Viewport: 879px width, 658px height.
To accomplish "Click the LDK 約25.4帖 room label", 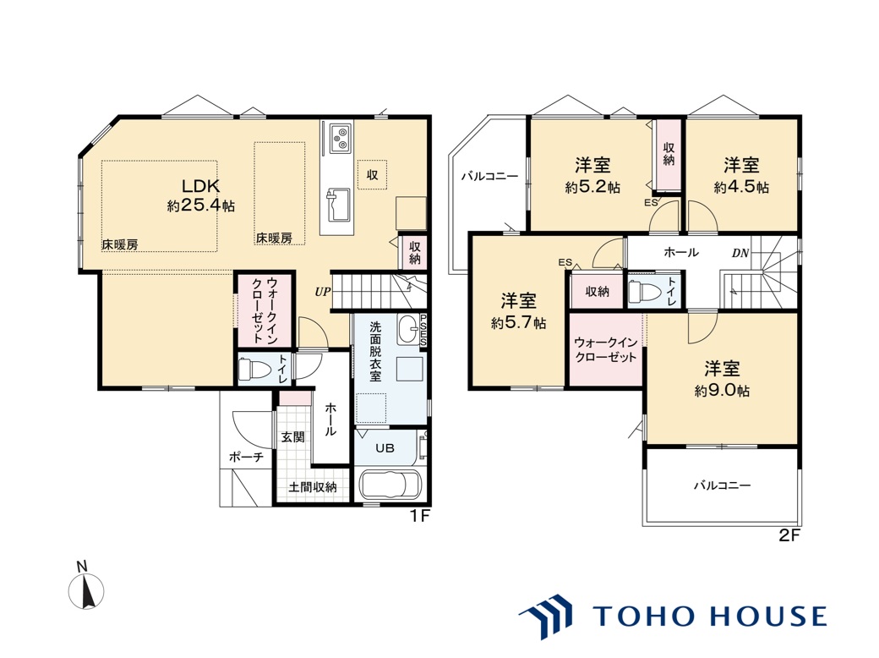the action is [x=200, y=195].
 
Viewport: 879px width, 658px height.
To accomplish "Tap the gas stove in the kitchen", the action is [x=341, y=137].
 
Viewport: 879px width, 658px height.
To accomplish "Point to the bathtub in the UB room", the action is [x=390, y=484].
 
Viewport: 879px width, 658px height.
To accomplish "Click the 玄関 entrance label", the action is [x=292, y=436].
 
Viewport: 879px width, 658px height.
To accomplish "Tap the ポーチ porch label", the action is [x=246, y=458].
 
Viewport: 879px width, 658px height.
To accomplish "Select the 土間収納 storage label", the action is [x=313, y=487].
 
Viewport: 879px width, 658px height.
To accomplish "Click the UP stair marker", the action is [x=322, y=292].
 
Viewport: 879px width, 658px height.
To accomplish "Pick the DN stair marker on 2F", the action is [x=740, y=253].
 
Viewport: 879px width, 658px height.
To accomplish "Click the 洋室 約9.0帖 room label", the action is [x=722, y=379].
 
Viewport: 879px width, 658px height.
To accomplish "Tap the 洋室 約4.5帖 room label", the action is [x=741, y=176].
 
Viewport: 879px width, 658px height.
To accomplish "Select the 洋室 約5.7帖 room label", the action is [x=519, y=311].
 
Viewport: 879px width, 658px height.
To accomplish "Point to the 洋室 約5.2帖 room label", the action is [x=592, y=176].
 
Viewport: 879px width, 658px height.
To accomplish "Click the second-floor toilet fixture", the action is [x=642, y=291].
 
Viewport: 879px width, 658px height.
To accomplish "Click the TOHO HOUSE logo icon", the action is [x=545, y=616].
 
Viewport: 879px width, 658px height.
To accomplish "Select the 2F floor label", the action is [x=789, y=535].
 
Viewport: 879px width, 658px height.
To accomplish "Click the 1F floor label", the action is [x=419, y=516].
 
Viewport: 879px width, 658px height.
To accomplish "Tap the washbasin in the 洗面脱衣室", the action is [x=409, y=329].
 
